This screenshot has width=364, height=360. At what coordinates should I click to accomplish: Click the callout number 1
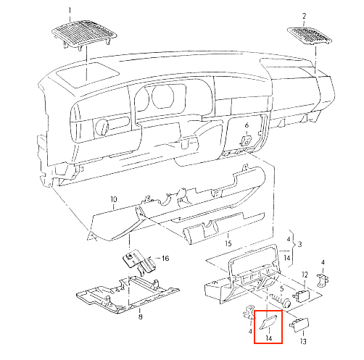point(70,11)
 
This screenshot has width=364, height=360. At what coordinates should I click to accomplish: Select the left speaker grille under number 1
point(84,33)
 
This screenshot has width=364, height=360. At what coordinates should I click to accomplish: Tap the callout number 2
point(304,16)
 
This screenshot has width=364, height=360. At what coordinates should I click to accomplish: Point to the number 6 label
point(247,125)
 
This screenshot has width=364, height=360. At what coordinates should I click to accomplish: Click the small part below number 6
point(247,141)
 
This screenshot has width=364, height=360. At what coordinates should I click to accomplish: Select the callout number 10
point(114,199)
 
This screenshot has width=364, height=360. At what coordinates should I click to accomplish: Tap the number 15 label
point(228,243)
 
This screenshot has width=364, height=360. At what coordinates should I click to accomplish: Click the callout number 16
point(165,259)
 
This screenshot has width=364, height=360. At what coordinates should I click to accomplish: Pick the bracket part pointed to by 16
point(139,262)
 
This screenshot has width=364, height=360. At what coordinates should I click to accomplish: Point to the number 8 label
point(141,317)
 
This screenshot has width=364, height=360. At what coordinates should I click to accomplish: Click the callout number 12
point(305,275)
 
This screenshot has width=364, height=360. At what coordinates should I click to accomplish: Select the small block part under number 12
point(301,296)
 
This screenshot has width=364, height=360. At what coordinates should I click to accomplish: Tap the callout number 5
point(281,288)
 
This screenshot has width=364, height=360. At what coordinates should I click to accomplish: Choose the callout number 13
point(303,341)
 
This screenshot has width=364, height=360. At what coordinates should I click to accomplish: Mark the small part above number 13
point(299,323)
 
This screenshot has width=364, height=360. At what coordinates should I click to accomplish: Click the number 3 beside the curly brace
point(299,244)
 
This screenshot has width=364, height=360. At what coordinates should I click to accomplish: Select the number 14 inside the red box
point(268,338)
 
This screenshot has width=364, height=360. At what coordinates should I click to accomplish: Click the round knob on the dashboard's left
point(102,127)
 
